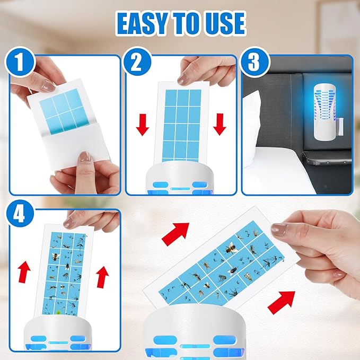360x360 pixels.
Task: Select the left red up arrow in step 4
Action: pyautogui.click(x=23, y=272)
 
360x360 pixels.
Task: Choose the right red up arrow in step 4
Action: pyautogui.click(x=102, y=276)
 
